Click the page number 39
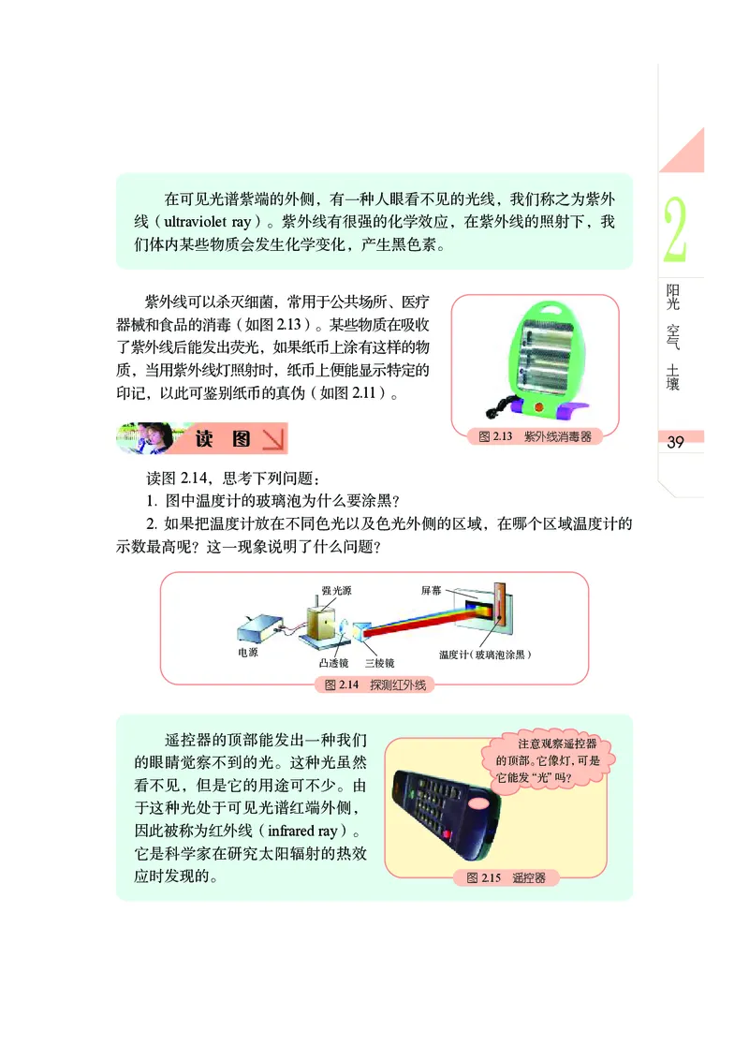coord(676,443)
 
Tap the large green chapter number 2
coord(675,230)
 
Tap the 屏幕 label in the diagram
coord(432,590)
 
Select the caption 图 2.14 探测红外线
coord(374,685)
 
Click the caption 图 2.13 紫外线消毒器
coord(535,436)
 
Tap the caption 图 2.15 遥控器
coord(506,877)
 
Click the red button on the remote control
coord(447,833)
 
